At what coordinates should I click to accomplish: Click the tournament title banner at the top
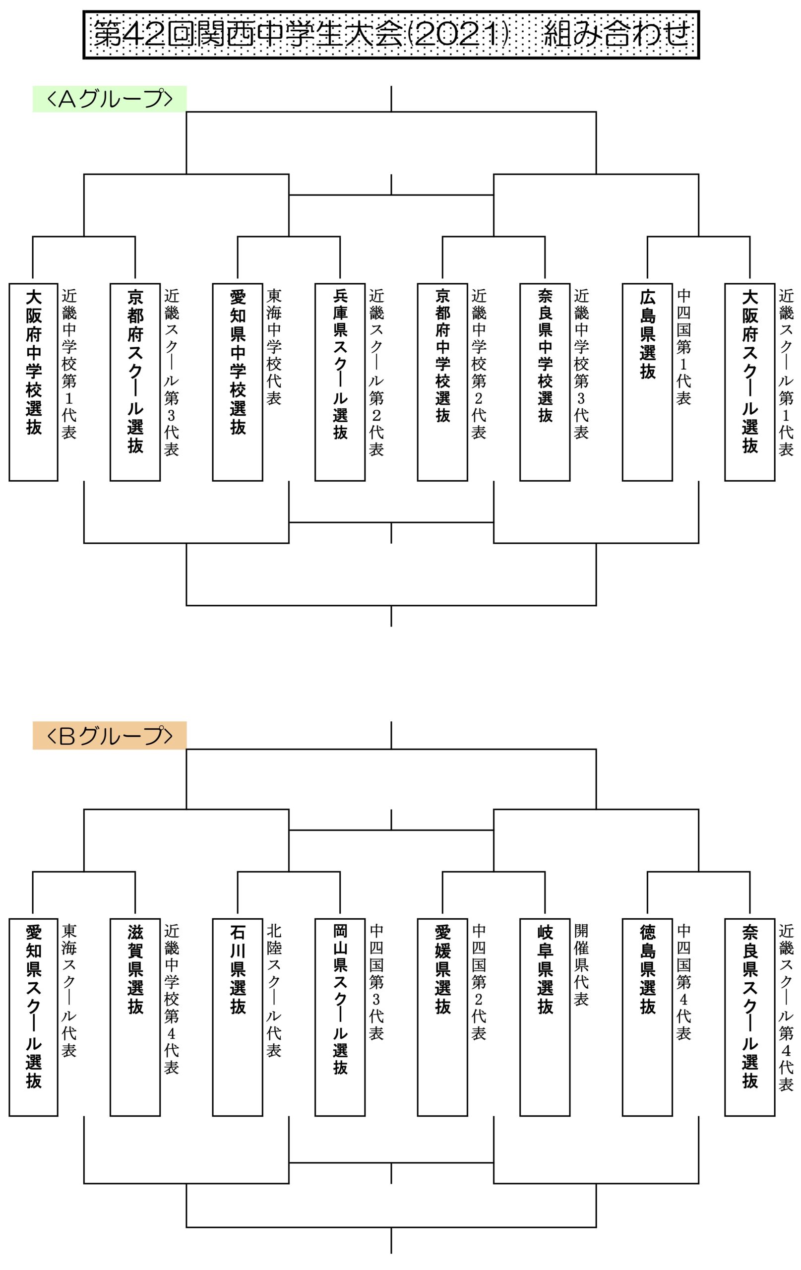391,35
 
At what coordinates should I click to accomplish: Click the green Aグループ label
110,99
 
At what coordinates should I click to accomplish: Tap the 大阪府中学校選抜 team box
33,382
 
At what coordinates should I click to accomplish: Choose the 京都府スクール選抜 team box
135,382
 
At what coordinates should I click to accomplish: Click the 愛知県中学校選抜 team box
237,382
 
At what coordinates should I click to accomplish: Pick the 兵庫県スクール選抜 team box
340,382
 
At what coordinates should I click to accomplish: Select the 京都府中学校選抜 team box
442,382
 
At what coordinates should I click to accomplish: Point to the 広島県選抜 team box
647,382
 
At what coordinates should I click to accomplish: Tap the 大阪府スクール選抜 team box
750,382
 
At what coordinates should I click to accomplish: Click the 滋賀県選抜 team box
135,1018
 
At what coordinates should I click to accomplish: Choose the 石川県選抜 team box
237,1018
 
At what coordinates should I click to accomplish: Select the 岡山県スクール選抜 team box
340,1018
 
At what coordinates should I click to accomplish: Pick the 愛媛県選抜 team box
442,1018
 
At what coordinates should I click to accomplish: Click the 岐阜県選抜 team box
545,1018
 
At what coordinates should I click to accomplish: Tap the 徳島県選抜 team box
647,1018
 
